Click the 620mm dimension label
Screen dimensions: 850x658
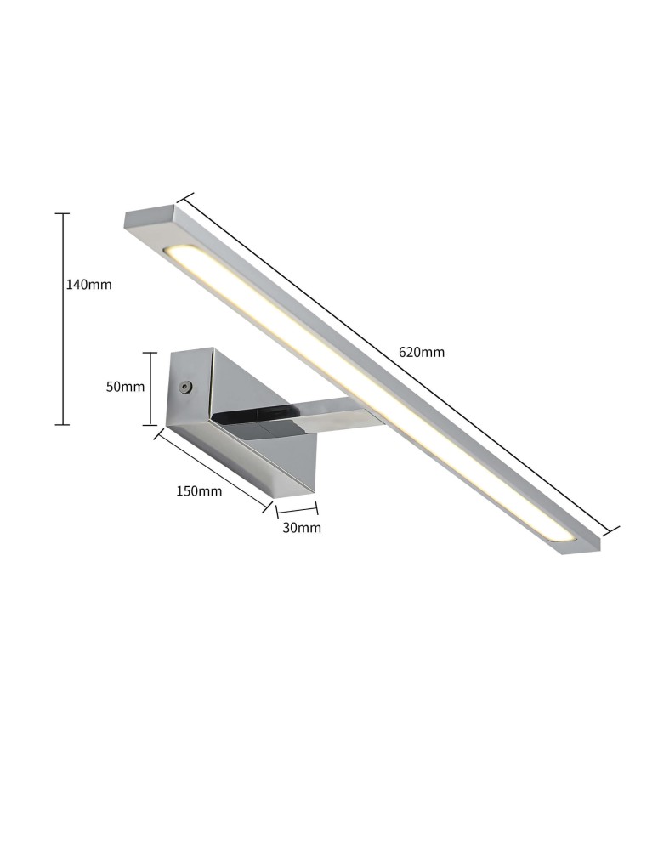[422, 352]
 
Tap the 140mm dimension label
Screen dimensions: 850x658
[88, 285]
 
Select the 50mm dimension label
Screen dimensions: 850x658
[125, 387]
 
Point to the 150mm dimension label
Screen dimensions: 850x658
[199, 490]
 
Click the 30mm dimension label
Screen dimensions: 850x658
[302, 528]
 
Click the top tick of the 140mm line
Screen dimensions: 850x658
[62, 214]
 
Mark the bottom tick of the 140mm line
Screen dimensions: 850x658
[62, 424]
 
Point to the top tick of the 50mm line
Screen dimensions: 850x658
[150, 353]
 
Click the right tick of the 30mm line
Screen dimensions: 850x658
[317, 509]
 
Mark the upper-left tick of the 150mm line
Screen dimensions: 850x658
[159, 434]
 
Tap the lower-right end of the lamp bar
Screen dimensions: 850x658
[578, 543]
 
